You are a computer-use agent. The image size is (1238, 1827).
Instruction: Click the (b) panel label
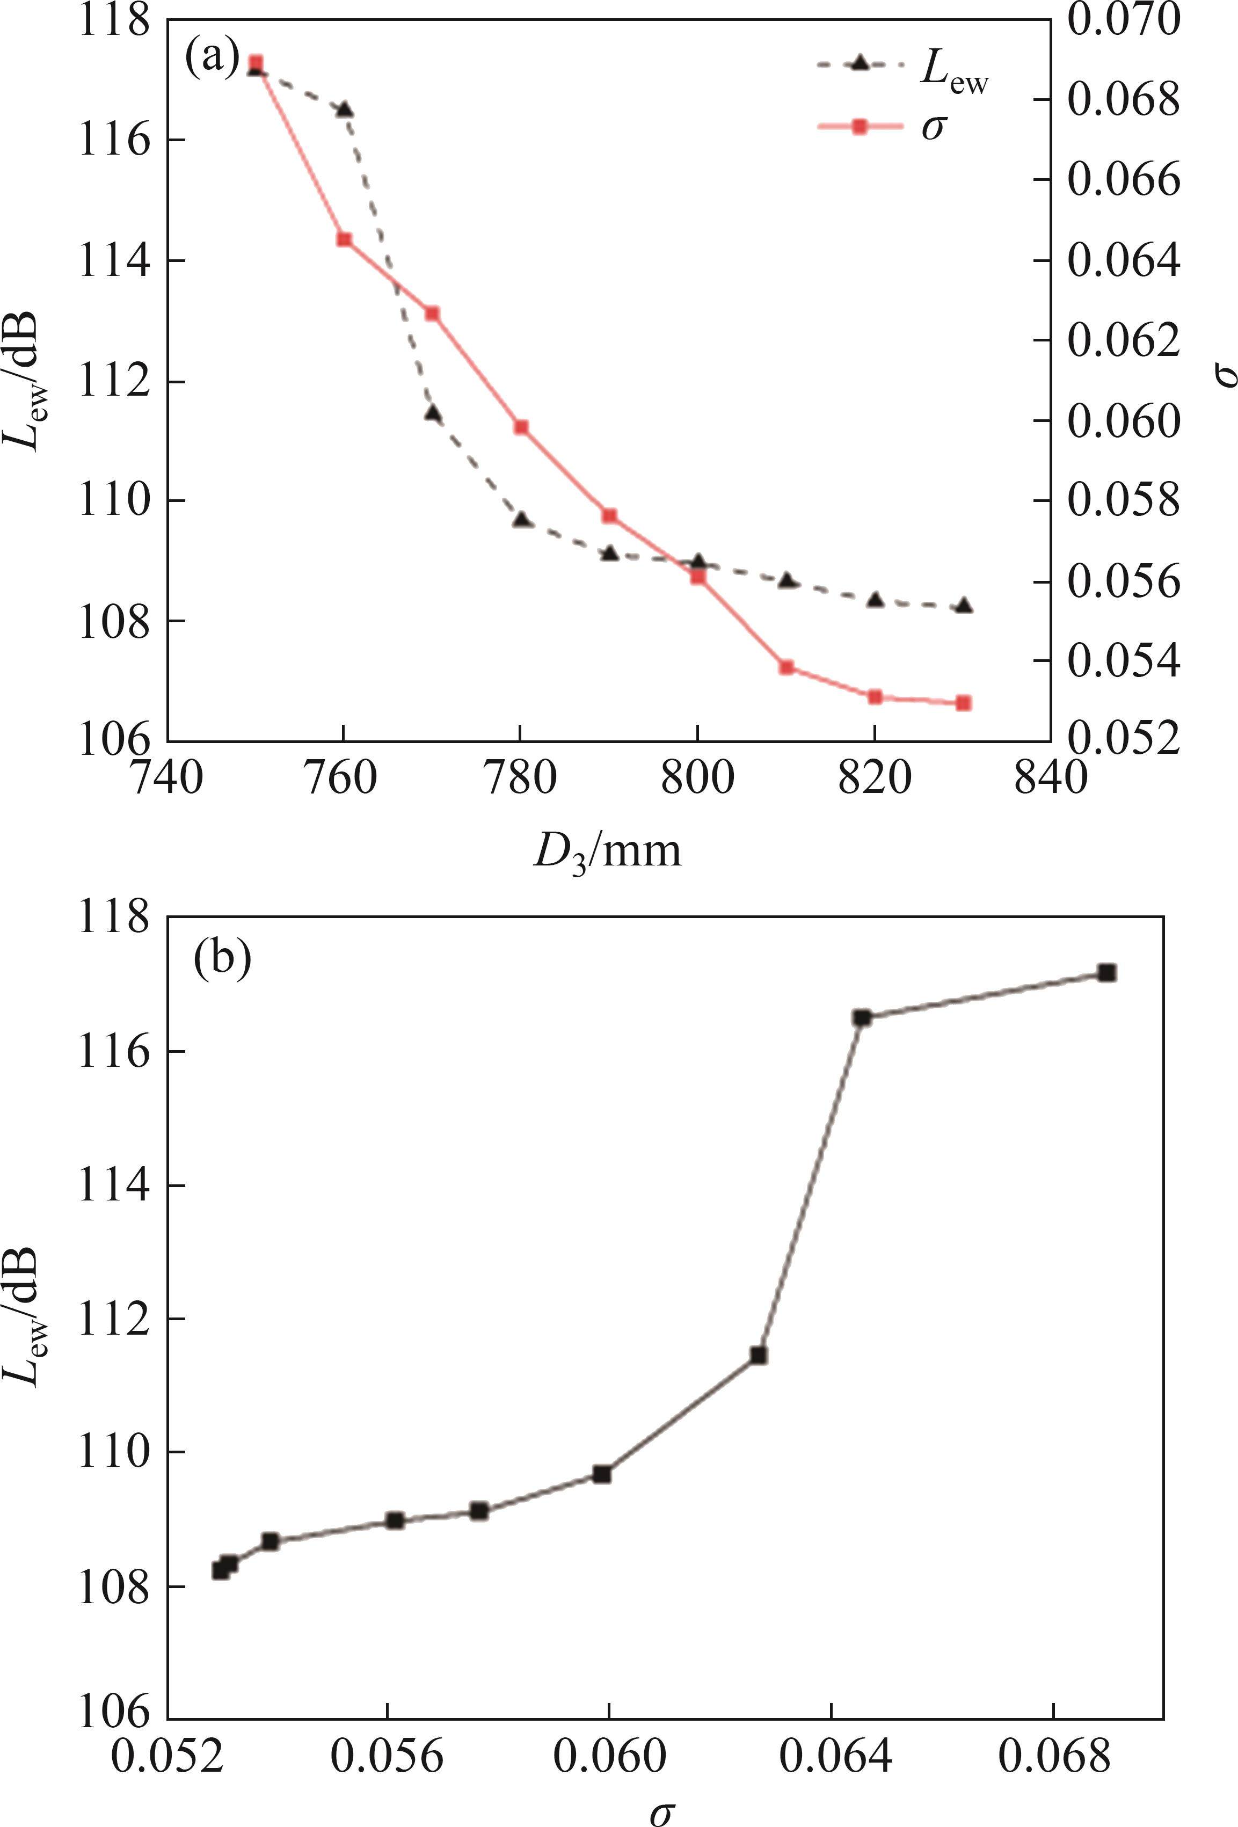[x=222, y=960]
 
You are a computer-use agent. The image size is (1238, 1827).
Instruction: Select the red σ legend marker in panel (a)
[x=860, y=126]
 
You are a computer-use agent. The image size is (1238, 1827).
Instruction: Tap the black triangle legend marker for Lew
[x=860, y=64]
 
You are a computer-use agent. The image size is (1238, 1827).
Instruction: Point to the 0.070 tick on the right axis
[x=1123, y=20]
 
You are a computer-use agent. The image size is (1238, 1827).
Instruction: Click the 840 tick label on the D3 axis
[x=1051, y=778]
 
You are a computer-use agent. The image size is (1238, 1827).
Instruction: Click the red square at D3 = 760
[x=344, y=239]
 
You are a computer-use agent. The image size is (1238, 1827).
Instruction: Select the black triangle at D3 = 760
[x=344, y=110]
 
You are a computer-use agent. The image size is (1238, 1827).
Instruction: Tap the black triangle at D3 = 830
[x=964, y=606]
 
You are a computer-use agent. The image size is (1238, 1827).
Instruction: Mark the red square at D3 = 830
[x=964, y=703]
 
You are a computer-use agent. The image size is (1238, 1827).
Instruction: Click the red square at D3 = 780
[x=520, y=427]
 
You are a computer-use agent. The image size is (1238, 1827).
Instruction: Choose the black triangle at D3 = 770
[x=432, y=413]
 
